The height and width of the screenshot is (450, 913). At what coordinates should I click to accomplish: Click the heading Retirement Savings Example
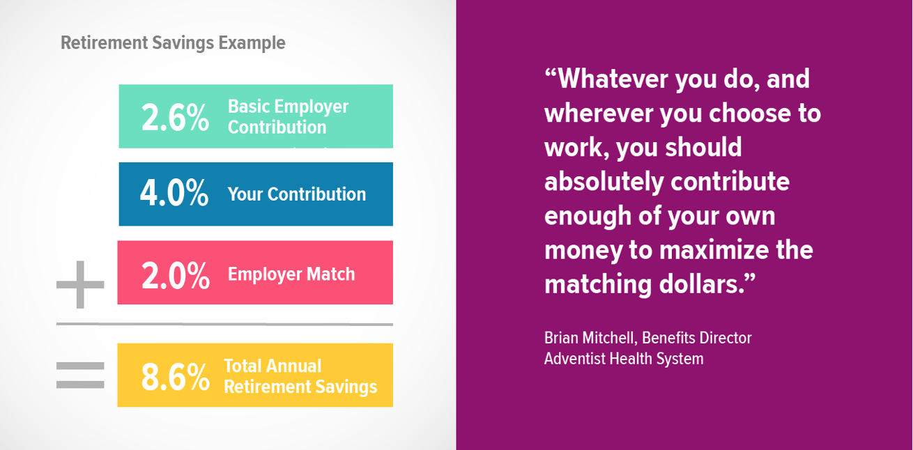coord(173,42)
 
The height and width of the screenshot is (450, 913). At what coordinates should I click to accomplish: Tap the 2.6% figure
coord(175,117)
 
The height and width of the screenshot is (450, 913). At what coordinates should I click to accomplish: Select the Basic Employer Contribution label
coord(288,117)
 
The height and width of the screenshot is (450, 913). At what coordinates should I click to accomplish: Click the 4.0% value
coord(174,194)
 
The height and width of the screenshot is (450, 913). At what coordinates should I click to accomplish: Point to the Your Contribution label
coord(296,194)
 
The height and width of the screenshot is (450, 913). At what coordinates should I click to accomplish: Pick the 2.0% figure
coord(175,274)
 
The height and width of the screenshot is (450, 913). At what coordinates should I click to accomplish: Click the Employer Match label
coord(291,274)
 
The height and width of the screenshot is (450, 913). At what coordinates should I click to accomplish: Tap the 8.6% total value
coord(175,377)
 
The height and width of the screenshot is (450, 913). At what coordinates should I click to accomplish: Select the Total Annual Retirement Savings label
coord(300,376)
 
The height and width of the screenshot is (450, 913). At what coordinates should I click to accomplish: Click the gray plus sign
coord(80,284)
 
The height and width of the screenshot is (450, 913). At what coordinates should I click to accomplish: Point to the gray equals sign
coord(80,375)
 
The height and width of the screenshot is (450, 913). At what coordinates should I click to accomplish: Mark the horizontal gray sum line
coord(224,324)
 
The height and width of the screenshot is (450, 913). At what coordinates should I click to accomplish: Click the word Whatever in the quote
coord(606,79)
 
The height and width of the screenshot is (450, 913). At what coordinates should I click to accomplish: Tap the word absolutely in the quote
coord(603,182)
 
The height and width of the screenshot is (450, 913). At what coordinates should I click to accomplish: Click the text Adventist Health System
coord(624,359)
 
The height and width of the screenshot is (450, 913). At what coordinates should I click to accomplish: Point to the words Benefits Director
coord(697,339)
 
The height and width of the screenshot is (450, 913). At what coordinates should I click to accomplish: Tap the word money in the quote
coord(583,249)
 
